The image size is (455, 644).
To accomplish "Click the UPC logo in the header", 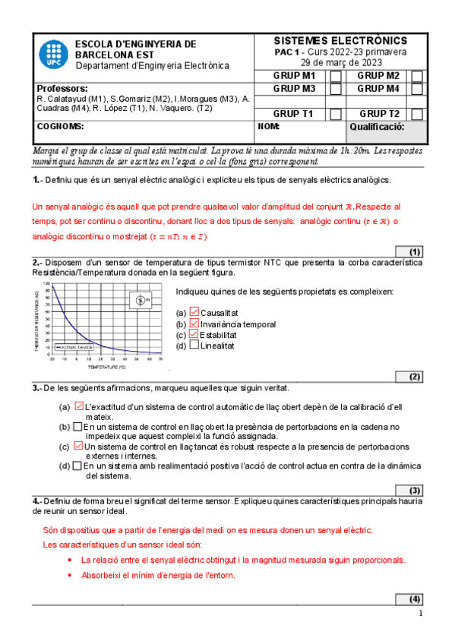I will [x=52, y=54].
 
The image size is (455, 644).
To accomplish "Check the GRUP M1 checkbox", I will [x=335, y=76].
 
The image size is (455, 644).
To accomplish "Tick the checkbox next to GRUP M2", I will [x=417, y=76].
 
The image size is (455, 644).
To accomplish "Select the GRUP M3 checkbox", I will [x=335, y=89].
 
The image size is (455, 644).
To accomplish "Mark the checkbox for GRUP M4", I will [x=417, y=89].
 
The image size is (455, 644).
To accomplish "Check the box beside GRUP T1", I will [x=335, y=114].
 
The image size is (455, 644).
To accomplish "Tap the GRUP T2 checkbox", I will [x=417, y=114].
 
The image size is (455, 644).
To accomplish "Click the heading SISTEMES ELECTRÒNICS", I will [x=340, y=41].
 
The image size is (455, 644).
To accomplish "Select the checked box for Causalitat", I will [x=194, y=312].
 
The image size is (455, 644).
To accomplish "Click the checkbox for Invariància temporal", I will [x=194, y=324].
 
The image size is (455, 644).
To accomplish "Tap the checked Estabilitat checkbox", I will [x=194, y=334].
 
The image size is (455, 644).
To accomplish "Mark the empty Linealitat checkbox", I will [x=194, y=346].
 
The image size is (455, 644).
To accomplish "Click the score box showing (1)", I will [x=410, y=251].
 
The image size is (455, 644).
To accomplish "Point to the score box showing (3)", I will [x=410, y=490].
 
